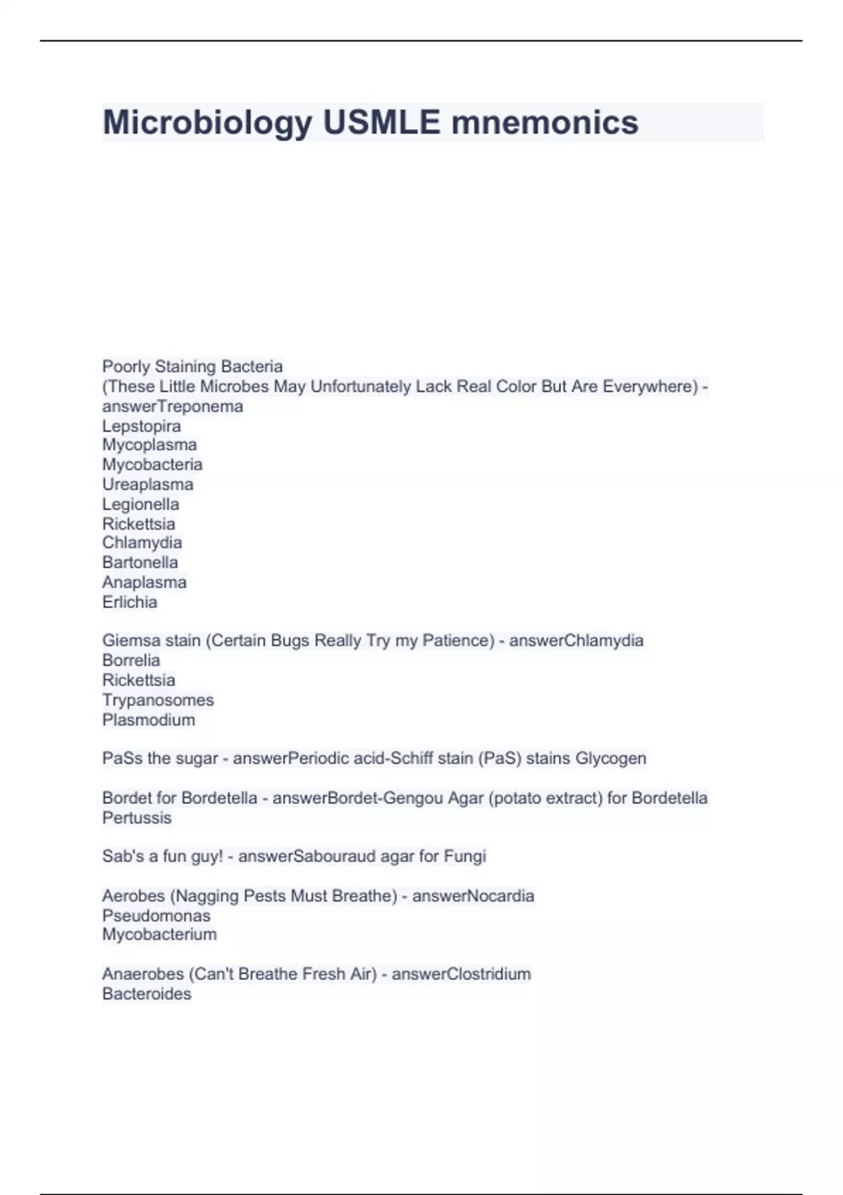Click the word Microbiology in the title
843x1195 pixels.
coord(207,123)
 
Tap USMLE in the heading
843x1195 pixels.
coord(381,123)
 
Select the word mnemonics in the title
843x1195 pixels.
coord(544,123)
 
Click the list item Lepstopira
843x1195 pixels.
coord(141,426)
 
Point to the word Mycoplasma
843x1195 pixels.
coord(150,445)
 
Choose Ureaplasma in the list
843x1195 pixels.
coord(148,484)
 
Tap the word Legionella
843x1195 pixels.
coord(140,504)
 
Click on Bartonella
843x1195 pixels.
coord(140,562)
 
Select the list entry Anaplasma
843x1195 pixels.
coord(144,582)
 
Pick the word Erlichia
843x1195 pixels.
coord(129,602)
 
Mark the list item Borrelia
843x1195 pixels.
coord(131,660)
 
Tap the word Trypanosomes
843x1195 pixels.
coord(158,700)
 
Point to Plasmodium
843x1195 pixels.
coord(148,720)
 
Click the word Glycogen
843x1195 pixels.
coord(610,758)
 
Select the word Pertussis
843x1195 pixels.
coord(136,818)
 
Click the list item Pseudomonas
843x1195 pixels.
coord(156,915)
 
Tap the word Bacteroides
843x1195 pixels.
coord(146,994)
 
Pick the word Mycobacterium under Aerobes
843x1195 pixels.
coord(159,934)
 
